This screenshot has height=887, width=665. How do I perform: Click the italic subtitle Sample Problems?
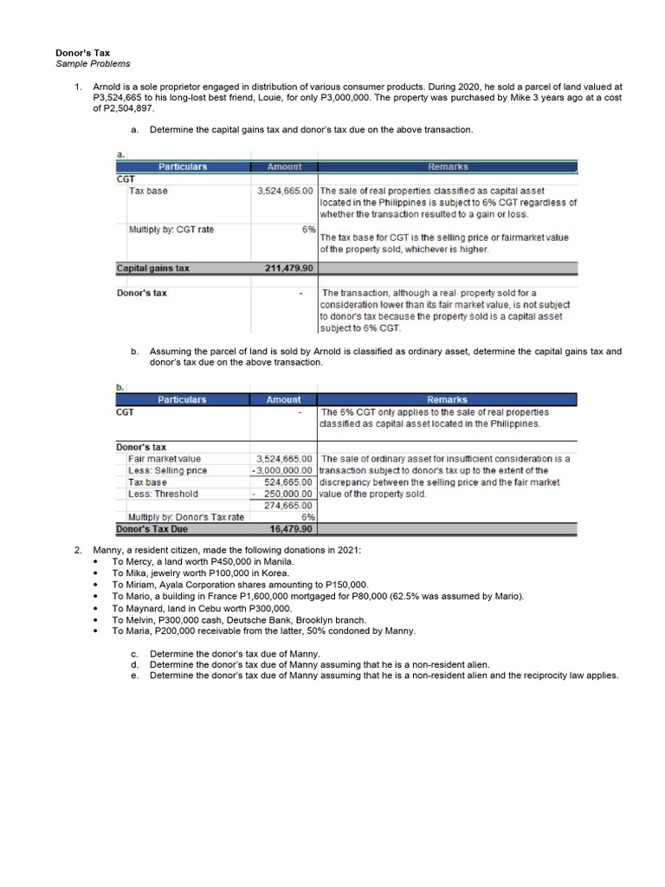(93, 64)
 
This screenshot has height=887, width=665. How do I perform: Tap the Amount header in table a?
(284, 166)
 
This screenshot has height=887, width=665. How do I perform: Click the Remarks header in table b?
(447, 399)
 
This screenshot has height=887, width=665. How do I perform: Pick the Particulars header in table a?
(182, 166)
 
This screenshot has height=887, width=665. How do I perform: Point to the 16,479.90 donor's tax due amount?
(290, 528)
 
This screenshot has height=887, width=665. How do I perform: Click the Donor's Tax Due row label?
(152, 528)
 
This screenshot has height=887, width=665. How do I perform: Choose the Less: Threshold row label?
(163, 494)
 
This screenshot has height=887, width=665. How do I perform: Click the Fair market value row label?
(165, 458)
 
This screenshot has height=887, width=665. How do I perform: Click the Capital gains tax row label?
(152, 269)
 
